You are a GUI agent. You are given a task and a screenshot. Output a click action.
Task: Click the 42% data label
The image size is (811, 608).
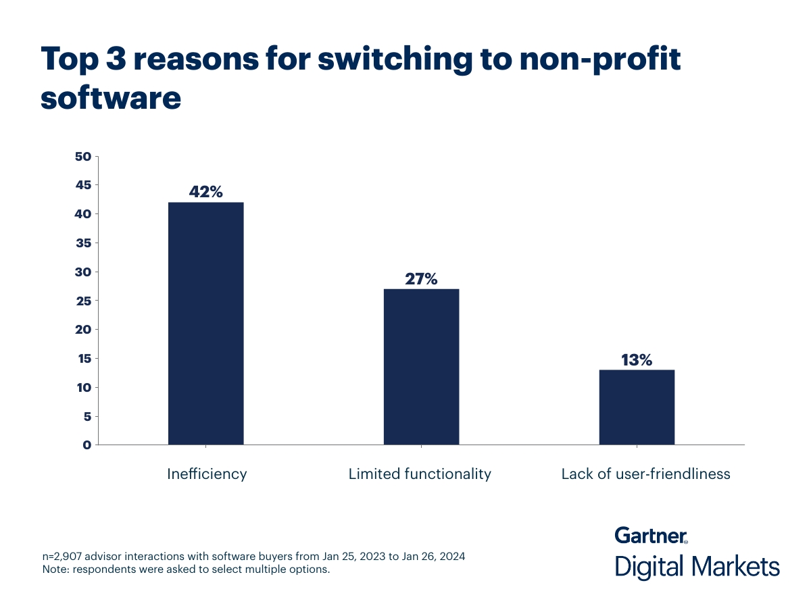205,192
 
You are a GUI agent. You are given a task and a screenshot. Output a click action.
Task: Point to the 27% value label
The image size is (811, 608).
421,278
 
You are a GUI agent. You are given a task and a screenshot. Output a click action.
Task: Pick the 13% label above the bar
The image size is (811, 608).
637,360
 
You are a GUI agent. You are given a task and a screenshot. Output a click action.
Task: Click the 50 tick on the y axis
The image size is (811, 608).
82,157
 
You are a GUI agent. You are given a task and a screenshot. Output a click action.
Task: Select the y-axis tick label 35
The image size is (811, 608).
82,243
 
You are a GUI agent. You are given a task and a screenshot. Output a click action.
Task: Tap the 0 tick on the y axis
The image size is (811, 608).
87,445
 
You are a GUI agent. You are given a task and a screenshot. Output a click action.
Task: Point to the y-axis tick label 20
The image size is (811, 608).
82,330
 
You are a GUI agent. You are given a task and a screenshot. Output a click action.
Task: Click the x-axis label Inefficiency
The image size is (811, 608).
207,474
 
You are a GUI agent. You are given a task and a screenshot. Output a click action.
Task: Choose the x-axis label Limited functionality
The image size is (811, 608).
420,474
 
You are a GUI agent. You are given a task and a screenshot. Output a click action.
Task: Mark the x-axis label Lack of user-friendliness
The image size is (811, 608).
645,474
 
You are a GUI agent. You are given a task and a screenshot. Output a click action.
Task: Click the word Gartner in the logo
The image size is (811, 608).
650,536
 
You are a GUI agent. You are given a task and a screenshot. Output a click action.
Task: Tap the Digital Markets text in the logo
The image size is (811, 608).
697,566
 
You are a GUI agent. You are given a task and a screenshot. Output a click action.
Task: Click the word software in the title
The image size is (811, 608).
111,98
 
